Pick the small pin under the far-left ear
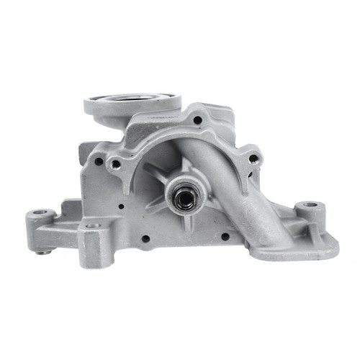45,251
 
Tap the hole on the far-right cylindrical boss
310,205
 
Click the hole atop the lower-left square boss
91,225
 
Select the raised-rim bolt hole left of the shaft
114,163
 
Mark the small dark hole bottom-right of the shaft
225,235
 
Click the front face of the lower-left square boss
95,248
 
